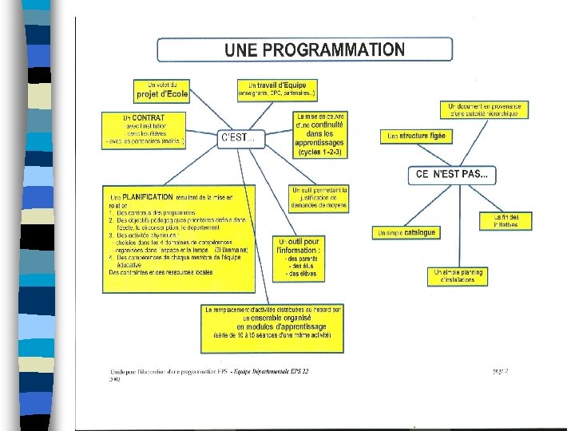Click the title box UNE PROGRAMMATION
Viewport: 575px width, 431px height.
[304, 49]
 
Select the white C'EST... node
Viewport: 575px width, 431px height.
[238, 138]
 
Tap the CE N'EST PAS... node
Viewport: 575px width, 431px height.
[452, 174]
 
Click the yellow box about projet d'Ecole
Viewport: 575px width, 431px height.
[162, 89]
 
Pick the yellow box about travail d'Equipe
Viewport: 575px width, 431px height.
[277, 89]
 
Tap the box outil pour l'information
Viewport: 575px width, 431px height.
[299, 257]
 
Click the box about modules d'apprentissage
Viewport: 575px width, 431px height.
[272, 326]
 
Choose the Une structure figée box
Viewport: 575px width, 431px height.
[417, 136]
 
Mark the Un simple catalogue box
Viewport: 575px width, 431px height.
[406, 232]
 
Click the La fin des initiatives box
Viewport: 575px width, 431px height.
[506, 220]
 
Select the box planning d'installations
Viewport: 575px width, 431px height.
[458, 276]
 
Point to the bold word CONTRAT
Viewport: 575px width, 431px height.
[149, 118]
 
